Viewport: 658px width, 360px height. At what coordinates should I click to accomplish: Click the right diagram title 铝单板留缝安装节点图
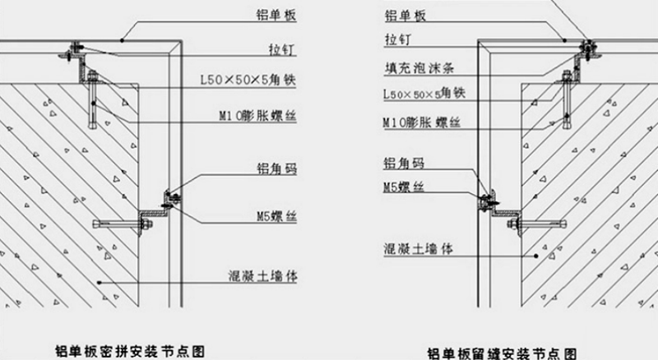tap(502, 353)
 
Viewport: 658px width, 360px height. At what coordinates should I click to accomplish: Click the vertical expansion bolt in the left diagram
tap(95, 107)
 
